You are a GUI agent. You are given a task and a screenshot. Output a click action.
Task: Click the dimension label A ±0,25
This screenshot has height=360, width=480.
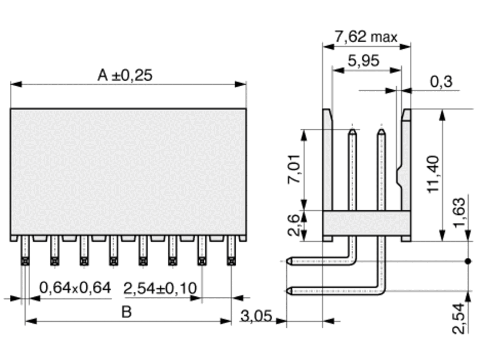tap(125, 75)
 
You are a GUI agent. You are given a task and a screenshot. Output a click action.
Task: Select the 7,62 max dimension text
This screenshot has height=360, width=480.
tap(366, 37)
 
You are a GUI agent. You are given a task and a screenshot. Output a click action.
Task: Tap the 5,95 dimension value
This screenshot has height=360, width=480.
tap(363, 61)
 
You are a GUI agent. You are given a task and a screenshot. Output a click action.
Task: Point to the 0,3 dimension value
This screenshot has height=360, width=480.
tap(441, 81)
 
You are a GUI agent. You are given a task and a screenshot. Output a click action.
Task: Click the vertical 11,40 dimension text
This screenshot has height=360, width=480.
tap(433, 174)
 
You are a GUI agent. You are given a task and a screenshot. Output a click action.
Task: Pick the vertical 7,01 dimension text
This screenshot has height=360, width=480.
tap(294, 169)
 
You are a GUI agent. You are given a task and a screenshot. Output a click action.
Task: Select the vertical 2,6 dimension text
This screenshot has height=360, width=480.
tap(294, 225)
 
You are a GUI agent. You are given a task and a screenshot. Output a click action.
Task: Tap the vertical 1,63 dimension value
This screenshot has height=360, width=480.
tap(459, 213)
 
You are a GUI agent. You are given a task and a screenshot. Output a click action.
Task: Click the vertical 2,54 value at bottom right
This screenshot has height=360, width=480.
tap(459, 318)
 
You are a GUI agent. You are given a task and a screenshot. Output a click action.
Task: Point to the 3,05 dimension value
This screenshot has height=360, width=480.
tap(256, 316)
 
